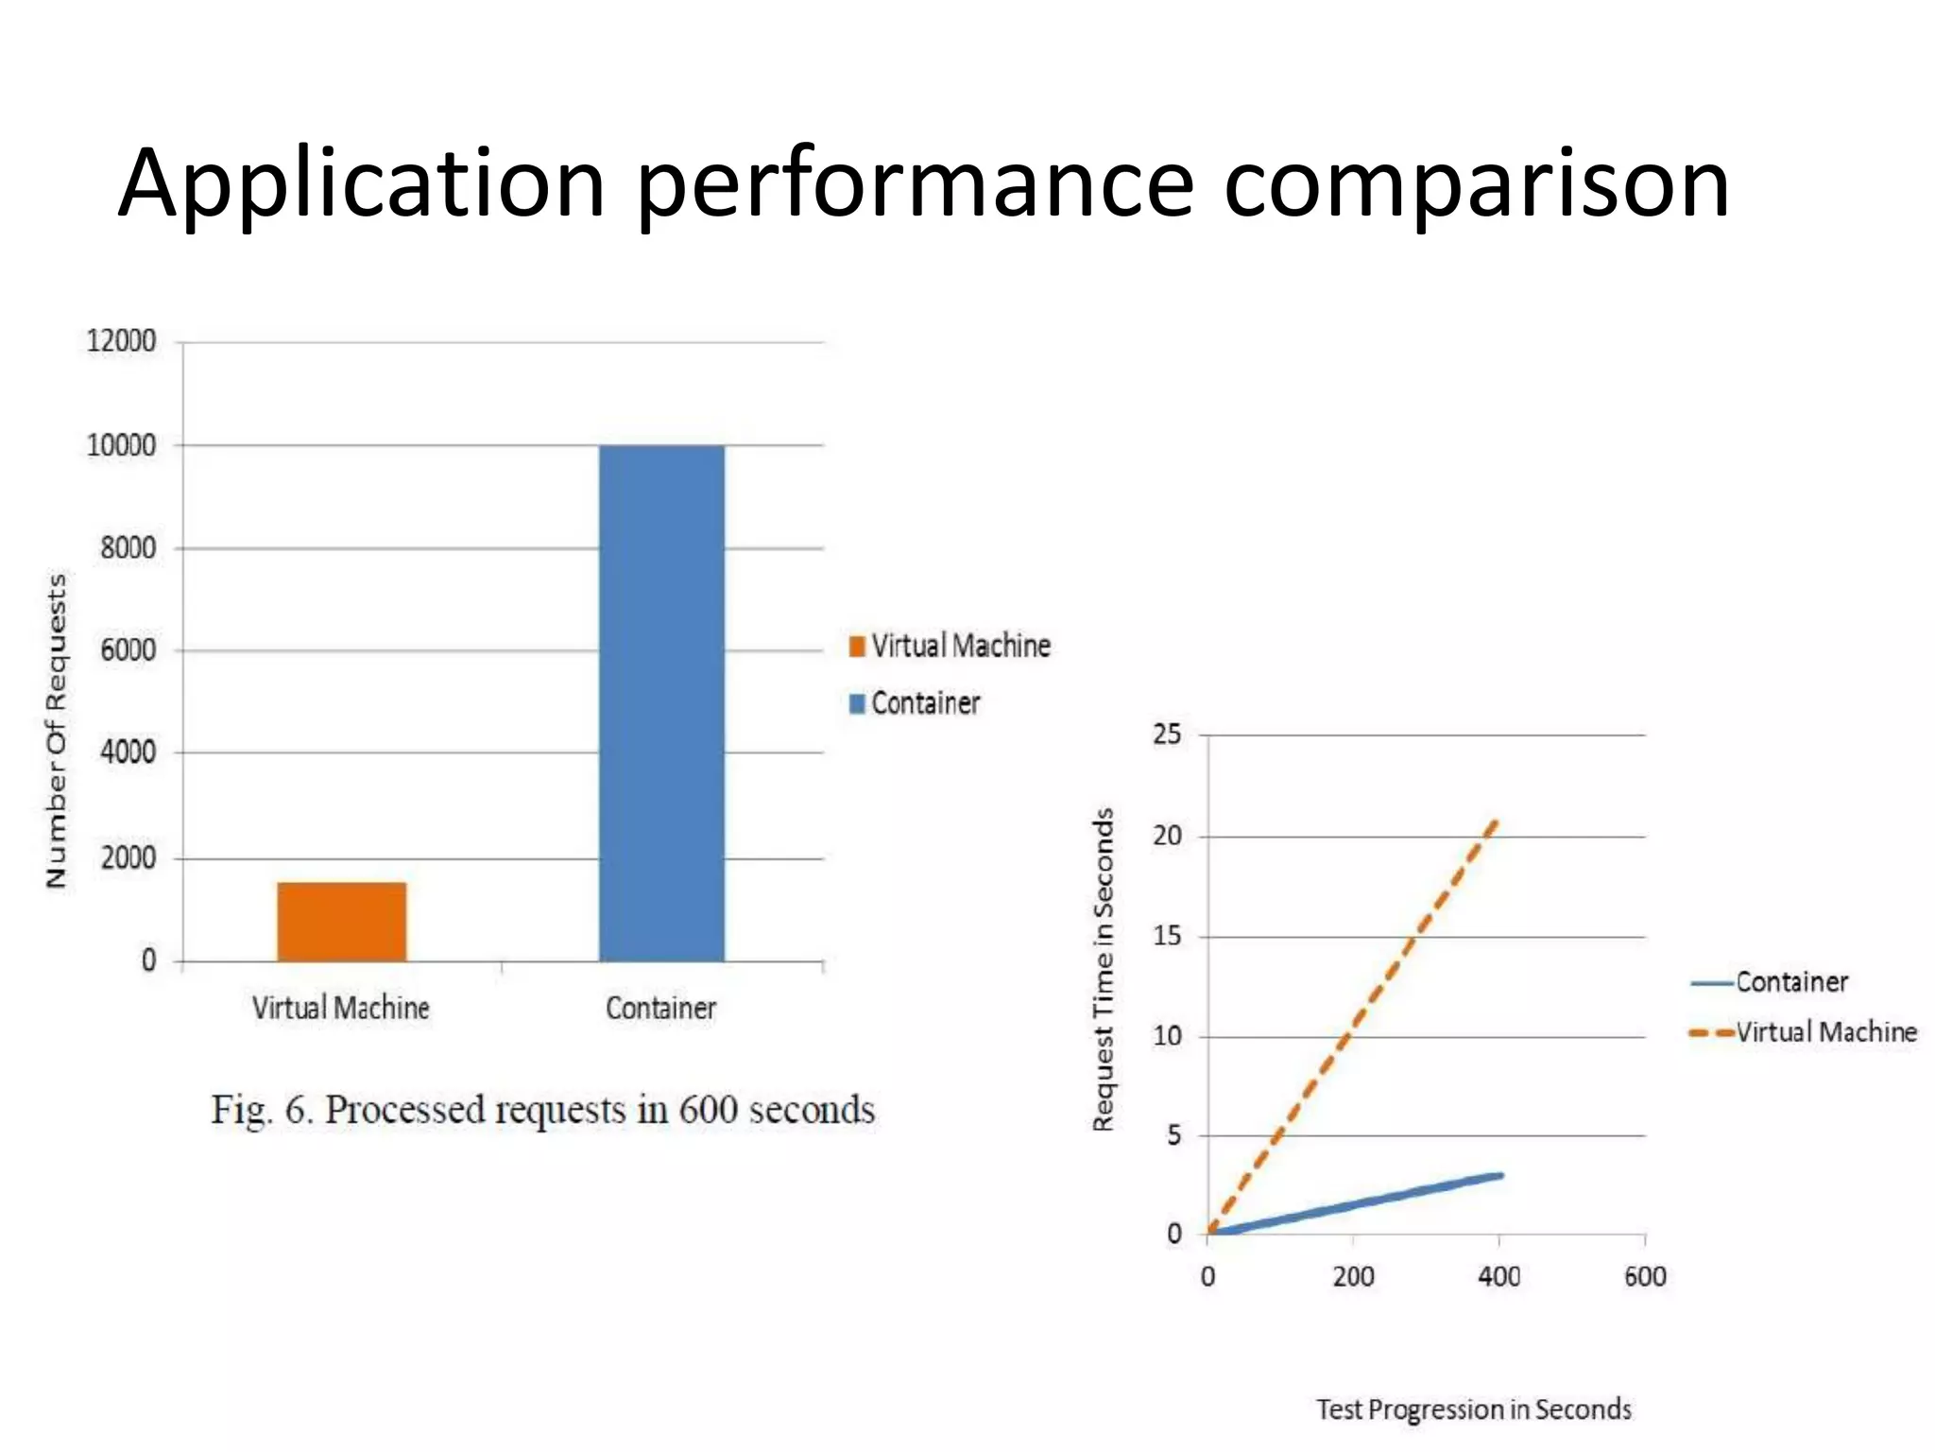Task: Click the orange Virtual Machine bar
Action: tap(341, 922)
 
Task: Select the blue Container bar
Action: tap(661, 703)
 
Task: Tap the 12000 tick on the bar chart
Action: tap(121, 341)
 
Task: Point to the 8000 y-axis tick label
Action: tap(128, 547)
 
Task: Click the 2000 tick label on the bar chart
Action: tap(128, 858)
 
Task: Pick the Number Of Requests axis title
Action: tap(57, 730)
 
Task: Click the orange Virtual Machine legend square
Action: tap(857, 647)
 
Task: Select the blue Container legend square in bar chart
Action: tap(857, 704)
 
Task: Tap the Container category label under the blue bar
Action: tap(660, 1009)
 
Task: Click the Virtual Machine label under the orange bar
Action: tap(340, 1008)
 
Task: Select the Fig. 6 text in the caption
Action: tap(260, 1110)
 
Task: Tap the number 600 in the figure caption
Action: tap(708, 1110)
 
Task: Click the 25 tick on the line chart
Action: tap(1167, 735)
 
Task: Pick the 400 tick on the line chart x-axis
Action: tap(1498, 1277)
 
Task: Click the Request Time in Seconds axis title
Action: tap(1104, 969)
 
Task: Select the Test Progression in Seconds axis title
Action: tap(1474, 1409)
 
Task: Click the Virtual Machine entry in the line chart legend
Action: tap(1826, 1032)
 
